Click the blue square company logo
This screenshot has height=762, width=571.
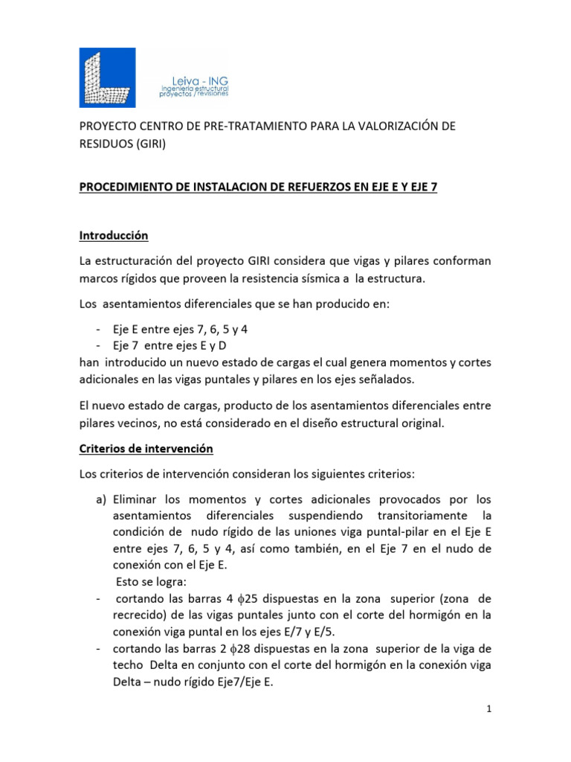tap(107, 77)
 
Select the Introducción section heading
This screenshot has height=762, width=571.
tap(114, 236)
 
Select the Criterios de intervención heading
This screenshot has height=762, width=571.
tap(146, 449)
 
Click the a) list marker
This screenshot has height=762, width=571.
tap(102, 498)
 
